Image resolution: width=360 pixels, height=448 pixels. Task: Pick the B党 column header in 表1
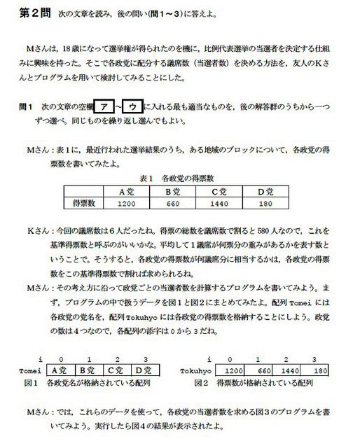(x=173, y=191)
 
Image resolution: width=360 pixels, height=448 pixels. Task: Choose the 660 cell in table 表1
(x=173, y=203)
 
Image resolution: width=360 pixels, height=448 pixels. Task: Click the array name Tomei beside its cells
(x=32, y=370)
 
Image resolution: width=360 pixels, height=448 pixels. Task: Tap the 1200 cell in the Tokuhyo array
(x=234, y=370)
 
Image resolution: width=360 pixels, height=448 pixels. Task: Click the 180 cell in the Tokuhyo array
(x=319, y=370)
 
